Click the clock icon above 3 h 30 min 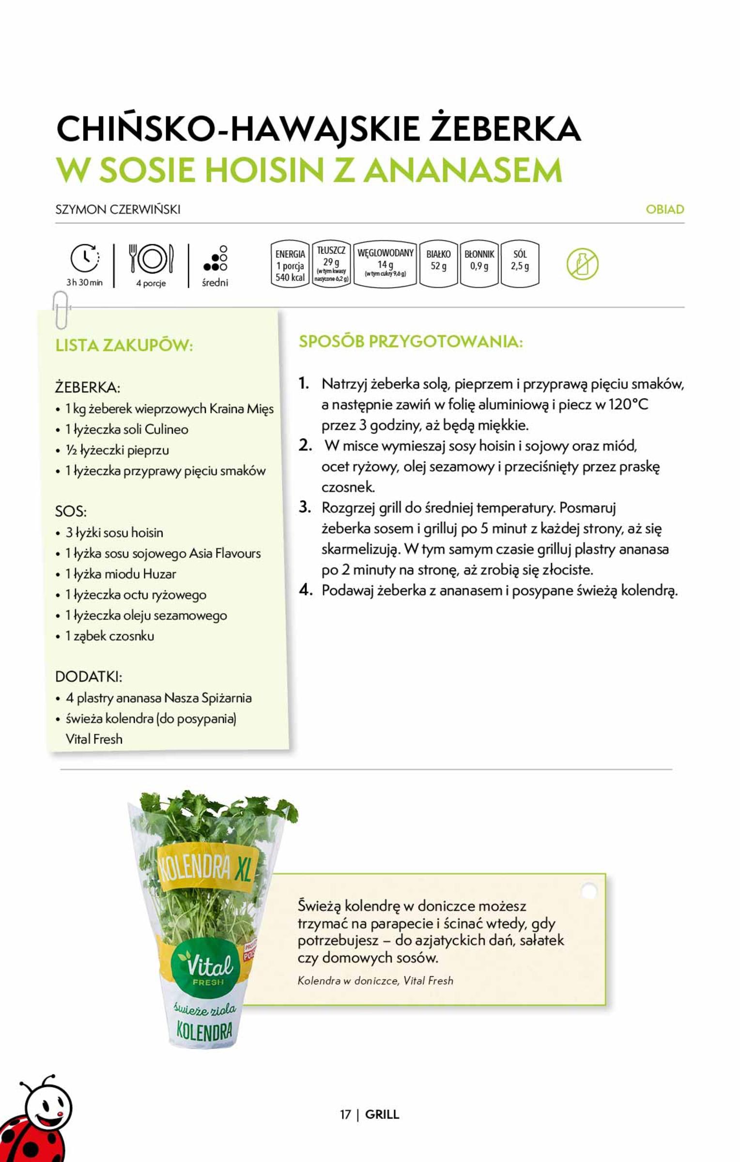(85, 258)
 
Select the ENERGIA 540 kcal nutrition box (290, 265)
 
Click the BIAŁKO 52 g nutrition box (438, 264)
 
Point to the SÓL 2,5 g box (520, 264)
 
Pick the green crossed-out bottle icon (582, 264)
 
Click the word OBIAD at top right (664, 210)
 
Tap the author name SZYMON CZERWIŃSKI (118, 210)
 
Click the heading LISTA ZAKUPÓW (124, 346)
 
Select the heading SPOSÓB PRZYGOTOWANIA (411, 342)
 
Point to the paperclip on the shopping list (61, 310)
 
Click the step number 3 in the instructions (304, 507)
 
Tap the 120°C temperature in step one (628, 405)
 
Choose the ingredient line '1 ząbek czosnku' (109, 636)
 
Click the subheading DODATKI (89, 677)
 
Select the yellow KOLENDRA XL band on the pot (205, 869)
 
